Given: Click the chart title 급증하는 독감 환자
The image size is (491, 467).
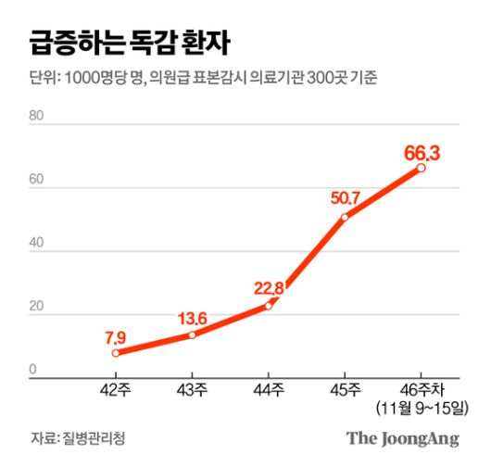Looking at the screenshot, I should point(130,43).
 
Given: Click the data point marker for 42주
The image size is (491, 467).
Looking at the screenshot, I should point(116,353).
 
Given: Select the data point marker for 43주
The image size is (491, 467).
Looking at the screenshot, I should point(192,334).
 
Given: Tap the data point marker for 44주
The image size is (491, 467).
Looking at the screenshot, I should point(269,306).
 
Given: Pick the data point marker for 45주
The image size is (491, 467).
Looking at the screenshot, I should point(345,218).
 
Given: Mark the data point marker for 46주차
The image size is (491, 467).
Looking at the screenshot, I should point(422,168).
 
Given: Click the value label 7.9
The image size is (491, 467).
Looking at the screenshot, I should point(116,335).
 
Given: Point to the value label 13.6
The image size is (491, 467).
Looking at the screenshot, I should point(192,319).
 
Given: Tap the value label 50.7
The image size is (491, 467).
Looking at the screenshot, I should point(346,197).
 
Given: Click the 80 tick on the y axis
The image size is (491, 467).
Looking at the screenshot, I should point(37,117).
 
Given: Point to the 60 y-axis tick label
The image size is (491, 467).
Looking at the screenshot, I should point(37,181).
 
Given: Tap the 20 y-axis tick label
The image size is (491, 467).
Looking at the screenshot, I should point(37,308).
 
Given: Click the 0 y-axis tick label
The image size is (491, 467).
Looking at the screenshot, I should point(33,371).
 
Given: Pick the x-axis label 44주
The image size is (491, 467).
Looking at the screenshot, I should point(269,390).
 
